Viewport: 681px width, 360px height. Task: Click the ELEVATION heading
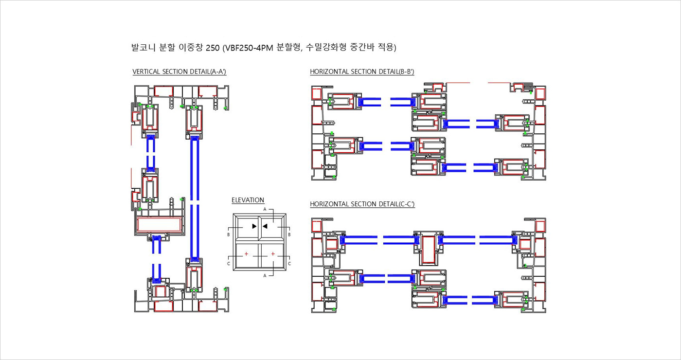click(x=248, y=200)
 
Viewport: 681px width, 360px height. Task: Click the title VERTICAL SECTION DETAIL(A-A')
click(x=179, y=72)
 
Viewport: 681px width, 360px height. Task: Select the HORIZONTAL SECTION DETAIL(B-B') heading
click(x=362, y=72)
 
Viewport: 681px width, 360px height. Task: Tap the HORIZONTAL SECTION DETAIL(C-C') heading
click(x=362, y=204)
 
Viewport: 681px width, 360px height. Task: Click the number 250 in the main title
click(x=213, y=48)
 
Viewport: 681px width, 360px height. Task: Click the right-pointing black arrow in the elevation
click(x=254, y=226)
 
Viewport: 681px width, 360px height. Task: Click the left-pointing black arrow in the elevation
click(x=265, y=226)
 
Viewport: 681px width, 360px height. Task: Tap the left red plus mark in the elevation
click(x=247, y=254)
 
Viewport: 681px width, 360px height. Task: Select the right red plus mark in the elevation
click(x=273, y=254)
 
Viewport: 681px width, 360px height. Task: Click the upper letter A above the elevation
click(x=265, y=209)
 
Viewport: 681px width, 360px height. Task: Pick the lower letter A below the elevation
click(x=265, y=275)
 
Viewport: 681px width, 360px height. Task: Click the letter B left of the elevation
click(x=228, y=234)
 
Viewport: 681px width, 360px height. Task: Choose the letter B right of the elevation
click(x=289, y=234)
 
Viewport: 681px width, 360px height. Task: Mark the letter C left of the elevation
click(x=228, y=263)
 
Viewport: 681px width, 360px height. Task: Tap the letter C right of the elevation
click(x=289, y=263)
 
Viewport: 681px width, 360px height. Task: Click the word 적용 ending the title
click(x=386, y=48)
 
